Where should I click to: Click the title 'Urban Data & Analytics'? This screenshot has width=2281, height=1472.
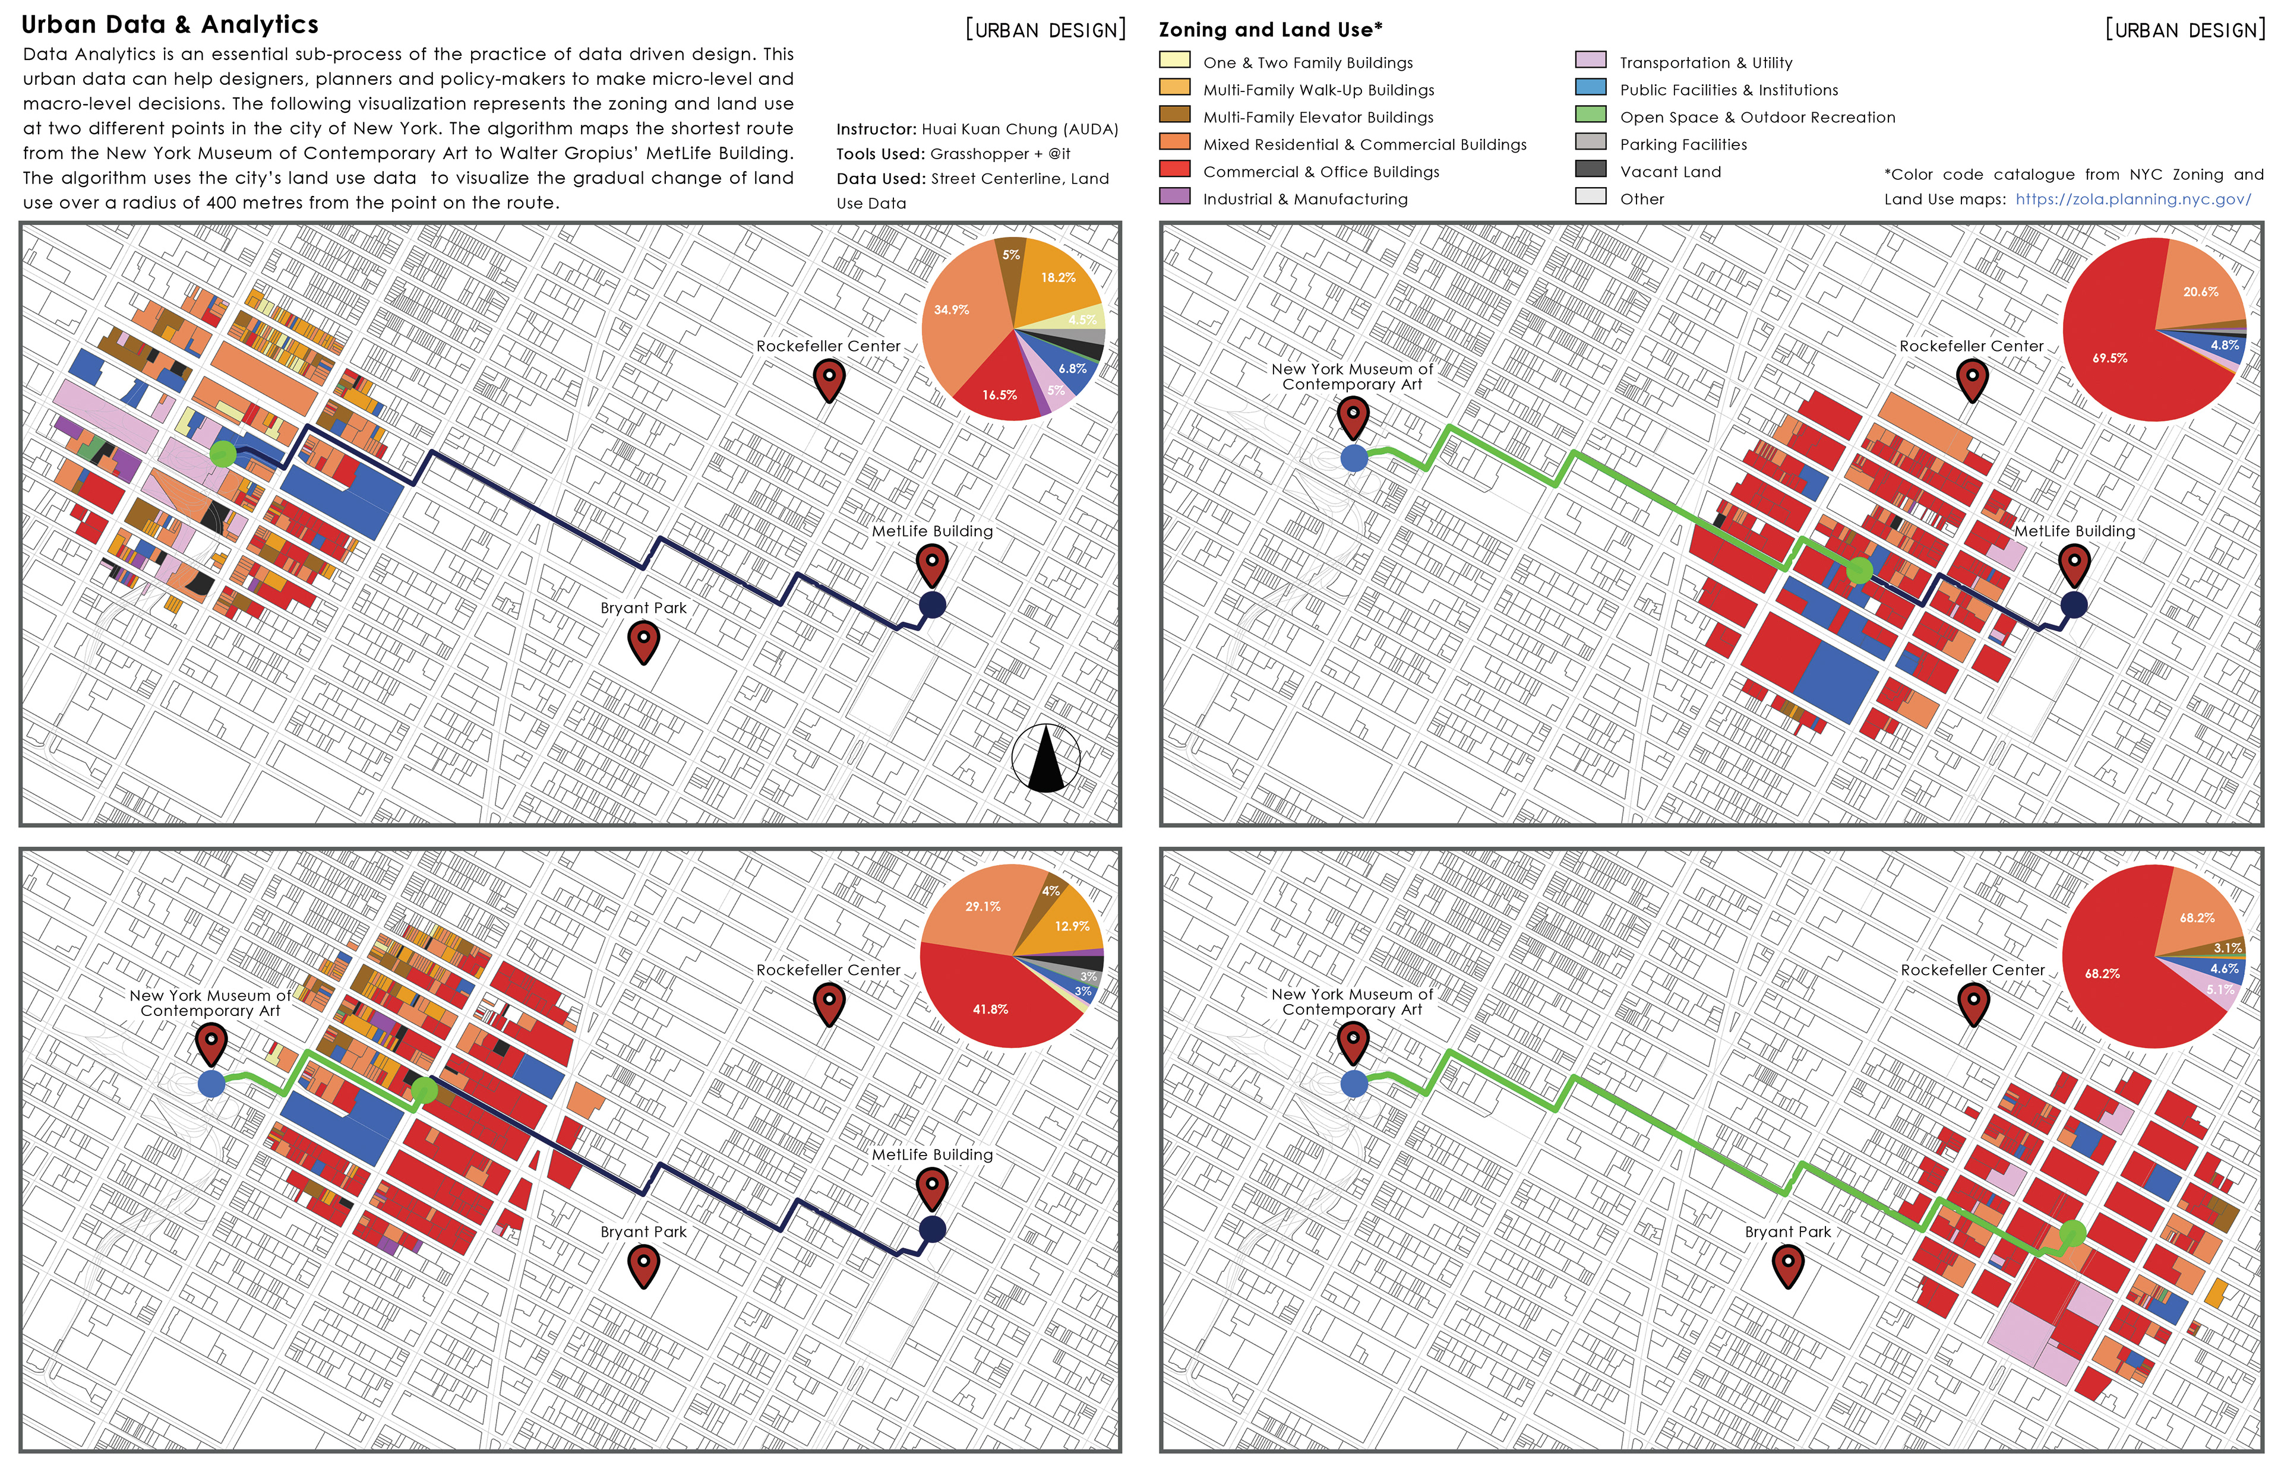click(x=170, y=25)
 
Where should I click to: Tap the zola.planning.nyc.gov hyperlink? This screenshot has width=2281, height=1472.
click(x=2133, y=200)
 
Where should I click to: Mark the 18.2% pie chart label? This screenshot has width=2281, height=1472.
click(x=1059, y=277)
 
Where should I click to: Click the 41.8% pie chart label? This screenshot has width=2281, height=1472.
click(x=990, y=1009)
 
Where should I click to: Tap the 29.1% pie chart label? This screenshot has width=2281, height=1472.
click(x=982, y=906)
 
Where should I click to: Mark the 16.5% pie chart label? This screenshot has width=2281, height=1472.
click(x=1000, y=395)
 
